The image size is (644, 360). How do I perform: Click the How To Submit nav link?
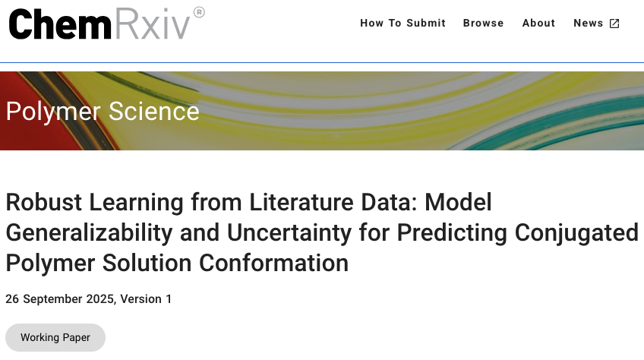tap(402, 23)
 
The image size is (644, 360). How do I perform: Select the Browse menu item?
tap(483, 23)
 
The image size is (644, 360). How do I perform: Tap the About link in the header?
tap(538, 23)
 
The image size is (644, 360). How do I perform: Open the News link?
tap(588, 23)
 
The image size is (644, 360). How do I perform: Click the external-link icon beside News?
tap(614, 23)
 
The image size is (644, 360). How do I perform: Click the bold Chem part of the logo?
tap(60, 24)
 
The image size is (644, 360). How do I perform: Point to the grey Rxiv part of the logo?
tap(152, 24)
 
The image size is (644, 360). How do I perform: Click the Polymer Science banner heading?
tap(103, 112)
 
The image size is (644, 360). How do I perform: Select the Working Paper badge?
tap(55, 337)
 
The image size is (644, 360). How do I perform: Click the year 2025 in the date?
tap(99, 298)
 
